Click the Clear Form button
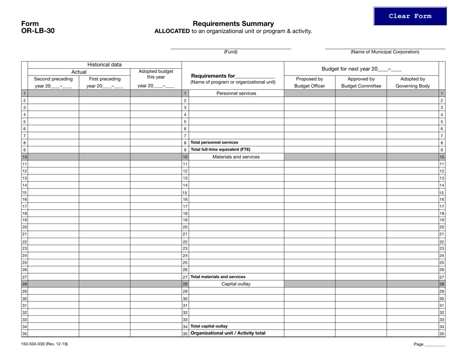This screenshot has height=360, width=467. [x=410, y=16]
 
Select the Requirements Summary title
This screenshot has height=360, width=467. [x=233, y=24]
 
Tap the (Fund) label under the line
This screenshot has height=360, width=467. [x=231, y=52]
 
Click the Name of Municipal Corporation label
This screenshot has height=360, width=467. [x=385, y=52]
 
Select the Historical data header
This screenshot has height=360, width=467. [x=105, y=64]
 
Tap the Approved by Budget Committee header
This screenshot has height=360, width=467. [x=361, y=82]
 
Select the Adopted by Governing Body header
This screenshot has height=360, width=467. [x=412, y=82]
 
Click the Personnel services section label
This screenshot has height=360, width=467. [x=236, y=93]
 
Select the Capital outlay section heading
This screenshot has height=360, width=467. [x=236, y=284]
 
